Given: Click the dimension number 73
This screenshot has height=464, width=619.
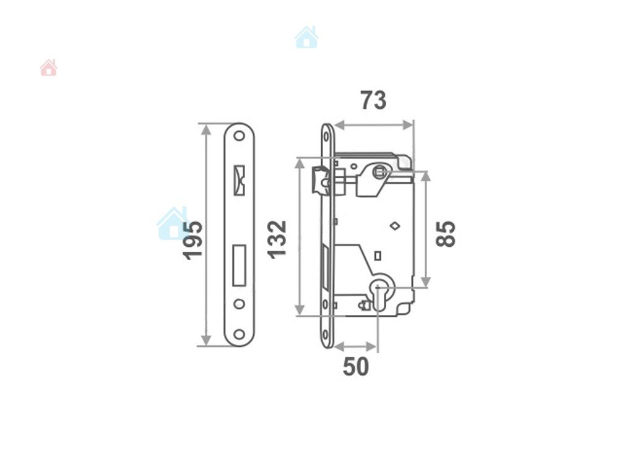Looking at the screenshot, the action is [x=373, y=100].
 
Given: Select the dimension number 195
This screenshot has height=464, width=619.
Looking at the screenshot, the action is [x=193, y=240].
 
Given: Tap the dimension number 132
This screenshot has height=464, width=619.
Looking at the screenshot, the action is [x=277, y=239].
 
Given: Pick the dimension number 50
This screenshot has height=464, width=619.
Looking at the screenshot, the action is [x=356, y=366].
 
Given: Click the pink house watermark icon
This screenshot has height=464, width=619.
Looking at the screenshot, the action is [x=48, y=67].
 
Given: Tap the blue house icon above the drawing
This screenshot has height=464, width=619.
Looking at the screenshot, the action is [x=306, y=38].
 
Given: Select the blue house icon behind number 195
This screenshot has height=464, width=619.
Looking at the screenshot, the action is [x=172, y=223].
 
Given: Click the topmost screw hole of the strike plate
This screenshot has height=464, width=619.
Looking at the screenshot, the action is [x=239, y=136].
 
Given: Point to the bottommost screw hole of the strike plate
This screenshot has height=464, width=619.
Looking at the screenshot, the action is [x=239, y=334].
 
